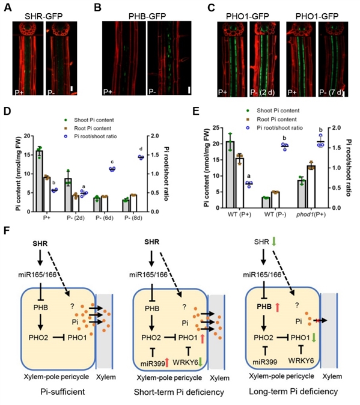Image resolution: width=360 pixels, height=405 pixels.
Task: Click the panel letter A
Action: pos(8,7)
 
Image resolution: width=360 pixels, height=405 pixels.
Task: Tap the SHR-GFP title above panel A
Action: pos(44,17)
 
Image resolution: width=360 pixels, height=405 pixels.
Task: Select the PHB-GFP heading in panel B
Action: pos(147,17)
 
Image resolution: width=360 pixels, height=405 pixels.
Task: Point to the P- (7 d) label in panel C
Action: pos(331,93)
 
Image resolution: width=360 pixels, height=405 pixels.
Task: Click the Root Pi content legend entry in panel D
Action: pos(93,129)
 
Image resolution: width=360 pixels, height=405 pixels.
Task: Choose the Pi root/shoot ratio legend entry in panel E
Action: pos(279,128)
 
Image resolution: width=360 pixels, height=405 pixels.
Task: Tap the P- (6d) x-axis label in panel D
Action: pos(105,218)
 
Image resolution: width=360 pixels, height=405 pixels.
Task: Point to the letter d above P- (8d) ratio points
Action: pos(141,149)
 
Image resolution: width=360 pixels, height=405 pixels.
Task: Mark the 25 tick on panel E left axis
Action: pos(216,128)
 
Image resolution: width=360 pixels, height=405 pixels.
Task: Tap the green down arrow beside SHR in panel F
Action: pos(274,242)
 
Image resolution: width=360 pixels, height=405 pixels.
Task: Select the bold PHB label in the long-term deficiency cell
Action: pos(264,306)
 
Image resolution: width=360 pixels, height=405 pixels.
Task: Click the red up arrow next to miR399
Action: pos(167,363)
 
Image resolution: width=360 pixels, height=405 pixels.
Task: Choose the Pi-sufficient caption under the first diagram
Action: pos(63,392)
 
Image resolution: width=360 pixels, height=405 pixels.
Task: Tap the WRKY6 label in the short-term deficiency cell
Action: pos(185,363)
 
